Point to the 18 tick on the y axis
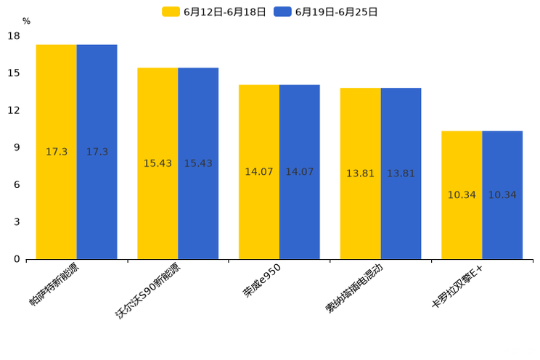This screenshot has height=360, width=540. coord(14,36)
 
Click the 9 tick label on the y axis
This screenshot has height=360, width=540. coord(17,147)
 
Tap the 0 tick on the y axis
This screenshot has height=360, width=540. coord(17,259)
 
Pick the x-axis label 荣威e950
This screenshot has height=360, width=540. coord(263,280)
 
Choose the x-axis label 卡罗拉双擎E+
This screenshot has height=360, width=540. coord(457,287)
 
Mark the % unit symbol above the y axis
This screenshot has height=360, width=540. coord(26,21)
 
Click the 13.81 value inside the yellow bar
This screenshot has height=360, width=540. coord(360,173)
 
